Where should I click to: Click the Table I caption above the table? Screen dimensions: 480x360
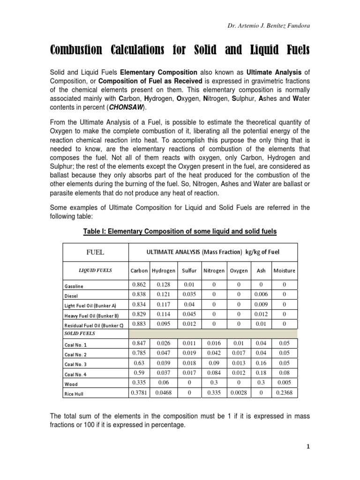180,232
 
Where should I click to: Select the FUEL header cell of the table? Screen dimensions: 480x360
95,252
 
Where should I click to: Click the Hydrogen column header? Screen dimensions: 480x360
164,270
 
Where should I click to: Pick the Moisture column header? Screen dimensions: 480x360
284,270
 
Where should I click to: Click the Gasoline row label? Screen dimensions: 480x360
74,286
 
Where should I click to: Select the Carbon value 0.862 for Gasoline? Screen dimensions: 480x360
139,285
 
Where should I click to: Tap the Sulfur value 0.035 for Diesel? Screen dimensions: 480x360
189,294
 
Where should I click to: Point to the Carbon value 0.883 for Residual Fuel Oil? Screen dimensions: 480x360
139,323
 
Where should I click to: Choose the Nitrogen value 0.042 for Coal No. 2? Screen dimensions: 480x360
213,352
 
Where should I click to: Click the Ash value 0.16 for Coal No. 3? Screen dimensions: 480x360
261,362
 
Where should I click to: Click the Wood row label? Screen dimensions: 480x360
71,383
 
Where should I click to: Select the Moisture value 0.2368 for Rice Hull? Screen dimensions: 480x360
284,393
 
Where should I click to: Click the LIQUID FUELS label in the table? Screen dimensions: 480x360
95,270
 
